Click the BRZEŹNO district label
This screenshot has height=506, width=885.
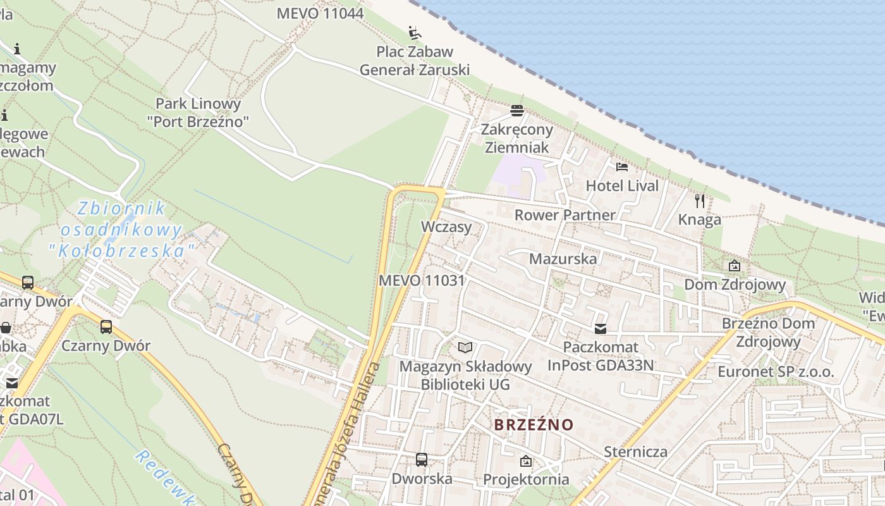pyautogui.click(x=534, y=424)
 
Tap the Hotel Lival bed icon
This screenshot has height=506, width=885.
pyautogui.click(x=622, y=167)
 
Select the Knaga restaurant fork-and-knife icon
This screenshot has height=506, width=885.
pyautogui.click(x=700, y=201)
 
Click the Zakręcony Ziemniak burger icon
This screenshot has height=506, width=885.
pyautogui.click(x=517, y=111)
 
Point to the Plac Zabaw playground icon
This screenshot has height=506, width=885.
pyautogui.click(x=415, y=32)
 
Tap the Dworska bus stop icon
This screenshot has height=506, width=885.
pyautogui.click(x=422, y=460)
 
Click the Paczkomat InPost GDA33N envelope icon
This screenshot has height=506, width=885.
pyautogui.click(x=600, y=329)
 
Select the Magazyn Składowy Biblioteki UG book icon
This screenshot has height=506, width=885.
pyautogui.click(x=465, y=347)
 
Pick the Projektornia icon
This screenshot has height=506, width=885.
pyautogui.click(x=526, y=461)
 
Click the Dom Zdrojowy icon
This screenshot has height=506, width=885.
pyautogui.click(x=735, y=266)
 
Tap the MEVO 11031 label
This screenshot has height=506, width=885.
pyautogui.click(x=422, y=280)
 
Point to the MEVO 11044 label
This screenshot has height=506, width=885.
pyautogui.click(x=320, y=13)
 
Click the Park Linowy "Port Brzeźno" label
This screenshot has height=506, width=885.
pyautogui.click(x=198, y=113)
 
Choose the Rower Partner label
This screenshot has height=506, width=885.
pyautogui.click(x=565, y=215)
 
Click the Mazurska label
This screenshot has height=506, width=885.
pyautogui.click(x=563, y=259)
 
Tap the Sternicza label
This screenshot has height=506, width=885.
pyautogui.click(x=635, y=452)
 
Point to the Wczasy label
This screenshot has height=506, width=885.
pyautogui.click(x=446, y=227)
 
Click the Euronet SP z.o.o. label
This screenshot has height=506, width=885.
pyautogui.click(x=776, y=371)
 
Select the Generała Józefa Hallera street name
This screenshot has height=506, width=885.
pyautogui.click(x=351, y=436)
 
